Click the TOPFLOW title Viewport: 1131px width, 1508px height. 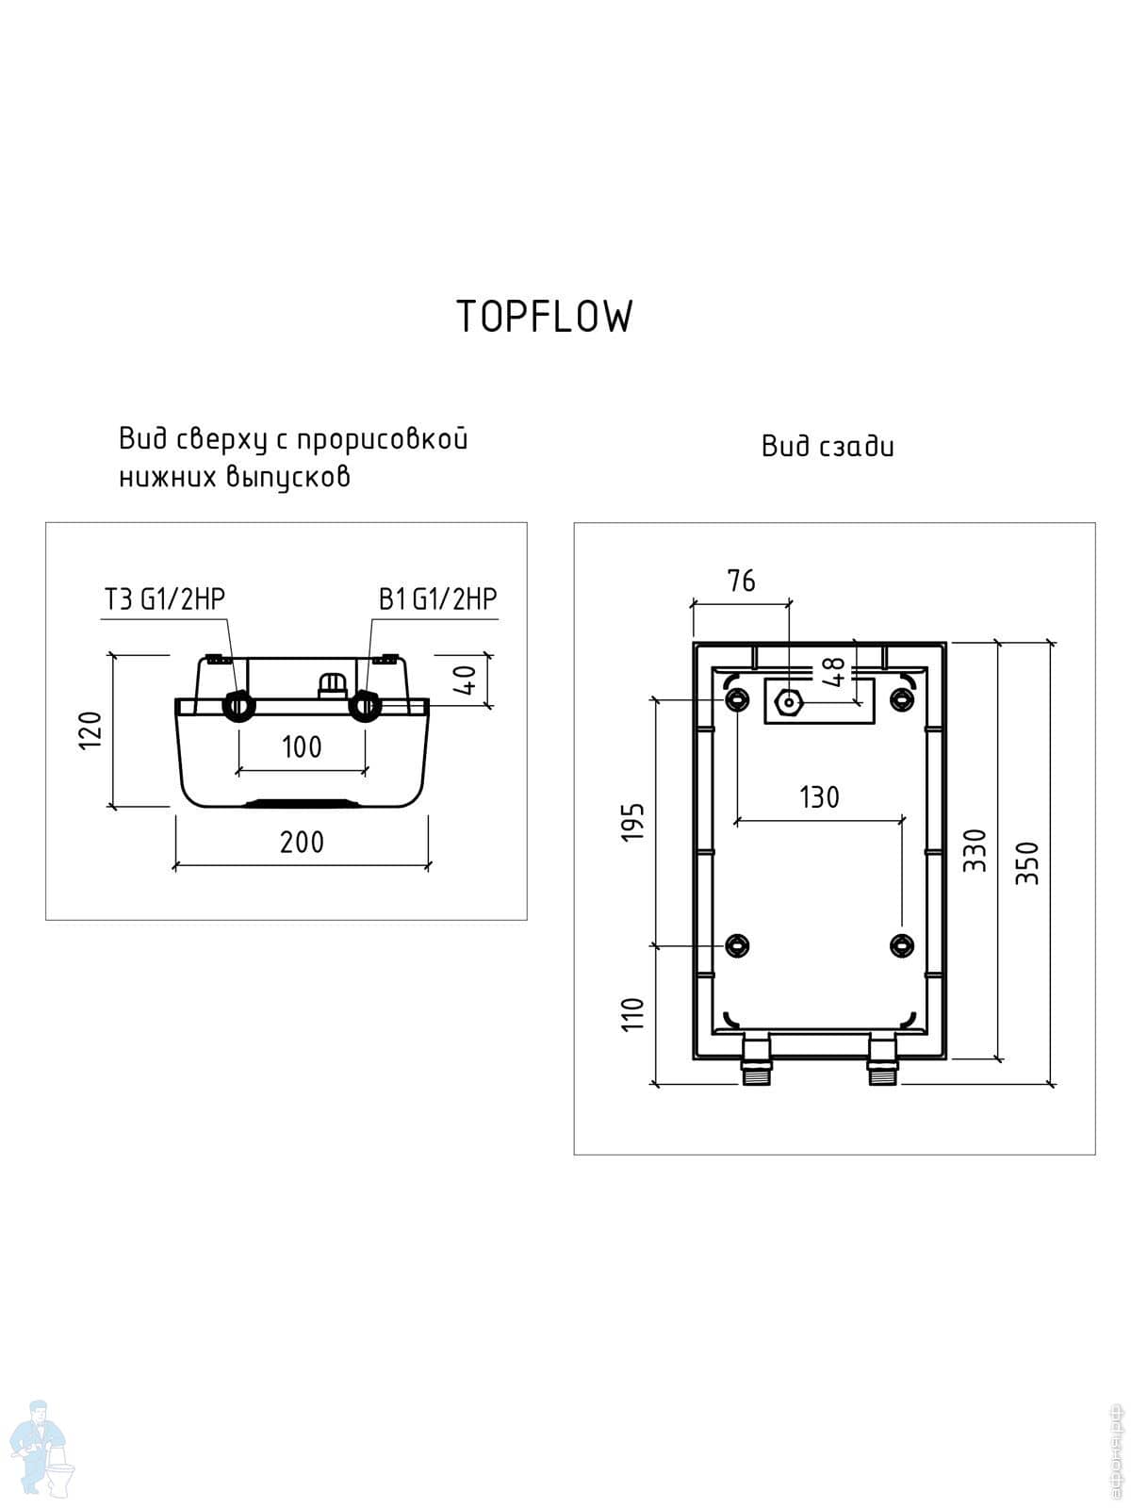click(x=545, y=317)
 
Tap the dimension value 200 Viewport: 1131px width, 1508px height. click(x=302, y=842)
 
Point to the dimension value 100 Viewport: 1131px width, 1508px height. click(x=302, y=747)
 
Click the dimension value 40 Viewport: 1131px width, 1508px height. click(x=467, y=679)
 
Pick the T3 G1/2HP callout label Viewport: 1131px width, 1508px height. click(x=164, y=599)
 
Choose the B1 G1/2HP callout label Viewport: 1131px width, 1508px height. click(x=437, y=599)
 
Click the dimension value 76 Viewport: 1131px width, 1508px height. click(x=741, y=581)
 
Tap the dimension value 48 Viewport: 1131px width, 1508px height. click(x=833, y=672)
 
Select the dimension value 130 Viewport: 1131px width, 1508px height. click(x=819, y=797)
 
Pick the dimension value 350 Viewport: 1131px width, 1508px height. click(x=1028, y=862)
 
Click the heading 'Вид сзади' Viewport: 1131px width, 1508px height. click(x=828, y=446)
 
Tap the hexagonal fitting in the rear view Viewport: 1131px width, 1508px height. click(x=789, y=702)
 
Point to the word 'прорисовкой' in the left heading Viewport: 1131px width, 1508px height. click(x=383, y=439)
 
